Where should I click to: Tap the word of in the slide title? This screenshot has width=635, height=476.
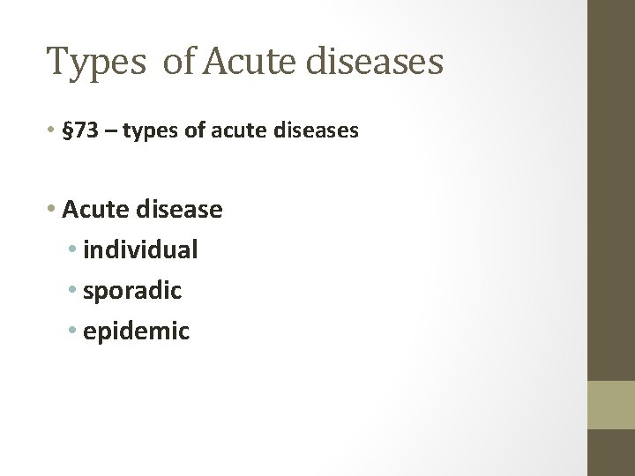click(178, 62)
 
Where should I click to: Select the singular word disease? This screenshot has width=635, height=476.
click(181, 210)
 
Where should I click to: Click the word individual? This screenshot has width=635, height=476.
click(140, 250)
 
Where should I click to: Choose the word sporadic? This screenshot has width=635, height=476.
click(131, 291)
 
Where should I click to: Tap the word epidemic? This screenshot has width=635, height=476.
click(136, 331)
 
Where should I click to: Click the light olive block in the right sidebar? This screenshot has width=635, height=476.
click(611, 405)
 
